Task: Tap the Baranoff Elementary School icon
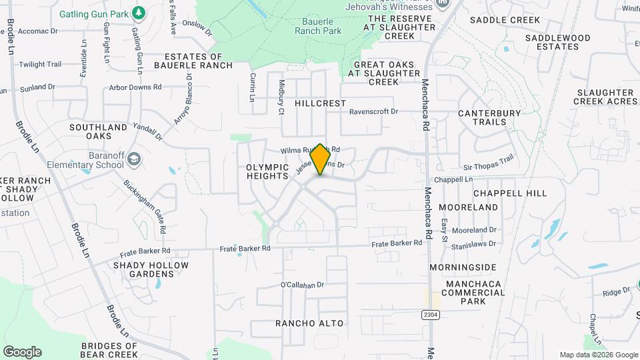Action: click(134, 159)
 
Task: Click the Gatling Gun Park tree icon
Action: click(139, 13)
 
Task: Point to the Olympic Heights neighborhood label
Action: click(267, 173)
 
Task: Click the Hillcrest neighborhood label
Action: click(321, 103)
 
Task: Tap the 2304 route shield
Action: click(431, 313)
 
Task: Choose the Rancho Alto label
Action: click(309, 323)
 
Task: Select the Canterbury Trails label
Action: click(489, 117)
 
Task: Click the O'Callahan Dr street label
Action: click(302, 285)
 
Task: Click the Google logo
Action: click(22, 352)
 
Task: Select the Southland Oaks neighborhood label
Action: click(98, 131)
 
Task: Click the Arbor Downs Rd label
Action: click(135, 87)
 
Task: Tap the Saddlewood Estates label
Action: click(557, 42)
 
